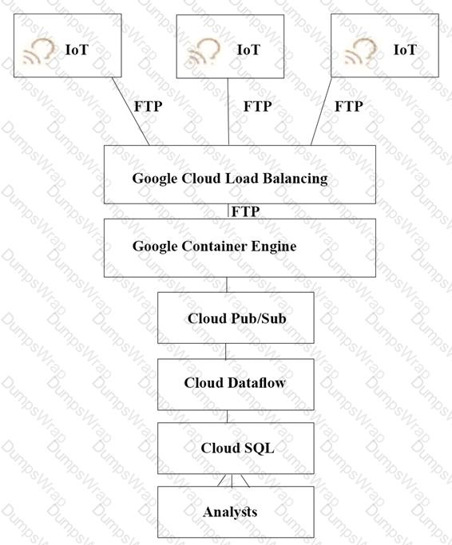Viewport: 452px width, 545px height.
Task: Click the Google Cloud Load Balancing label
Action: click(230, 179)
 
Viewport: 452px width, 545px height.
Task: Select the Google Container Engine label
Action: click(214, 247)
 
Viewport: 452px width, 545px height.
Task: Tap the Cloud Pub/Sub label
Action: click(236, 318)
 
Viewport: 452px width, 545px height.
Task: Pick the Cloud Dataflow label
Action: click(235, 383)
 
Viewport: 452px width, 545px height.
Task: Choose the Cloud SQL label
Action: click(237, 448)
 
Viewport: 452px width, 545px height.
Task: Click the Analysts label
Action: click(230, 512)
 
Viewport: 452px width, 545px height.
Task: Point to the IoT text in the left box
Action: click(77, 49)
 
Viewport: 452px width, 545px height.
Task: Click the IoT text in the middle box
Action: click(248, 49)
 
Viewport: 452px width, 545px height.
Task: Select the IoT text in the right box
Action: click(405, 49)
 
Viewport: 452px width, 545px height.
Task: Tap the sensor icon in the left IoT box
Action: click(39, 51)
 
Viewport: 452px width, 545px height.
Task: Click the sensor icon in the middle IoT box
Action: click(203, 51)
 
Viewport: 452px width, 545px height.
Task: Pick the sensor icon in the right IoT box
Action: click(360, 51)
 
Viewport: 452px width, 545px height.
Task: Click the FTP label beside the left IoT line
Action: click(149, 106)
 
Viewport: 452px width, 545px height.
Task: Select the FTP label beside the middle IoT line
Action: click(257, 106)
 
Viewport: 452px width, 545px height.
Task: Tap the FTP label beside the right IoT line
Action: click(349, 106)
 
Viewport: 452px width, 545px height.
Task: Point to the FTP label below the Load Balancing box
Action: click(246, 211)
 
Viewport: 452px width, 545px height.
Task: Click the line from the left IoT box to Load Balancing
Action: click(130, 111)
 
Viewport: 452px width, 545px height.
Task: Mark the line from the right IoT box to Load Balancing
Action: click(321, 111)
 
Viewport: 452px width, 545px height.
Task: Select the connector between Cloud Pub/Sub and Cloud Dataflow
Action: click(225, 351)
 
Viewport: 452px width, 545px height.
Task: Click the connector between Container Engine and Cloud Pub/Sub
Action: click(227, 285)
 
